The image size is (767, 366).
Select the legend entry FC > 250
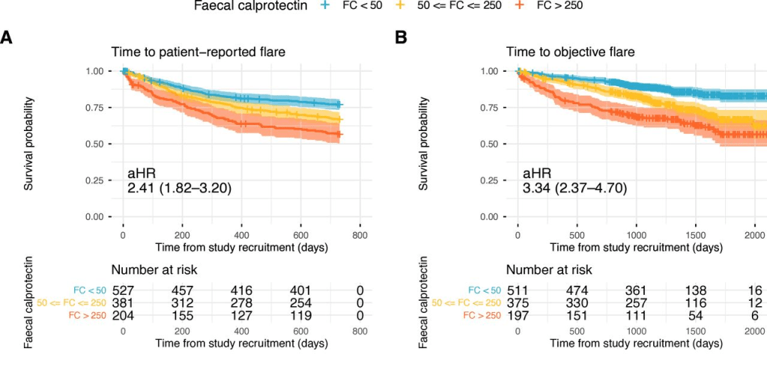pos(551,6)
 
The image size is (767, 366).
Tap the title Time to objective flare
pos(570,52)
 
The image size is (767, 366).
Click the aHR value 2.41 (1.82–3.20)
pos(179,187)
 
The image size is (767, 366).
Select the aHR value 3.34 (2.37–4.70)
pos(575,187)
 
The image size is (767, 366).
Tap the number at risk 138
pos(695,290)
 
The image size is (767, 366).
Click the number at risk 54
pos(695,315)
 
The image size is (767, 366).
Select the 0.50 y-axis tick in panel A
pos(99,144)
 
